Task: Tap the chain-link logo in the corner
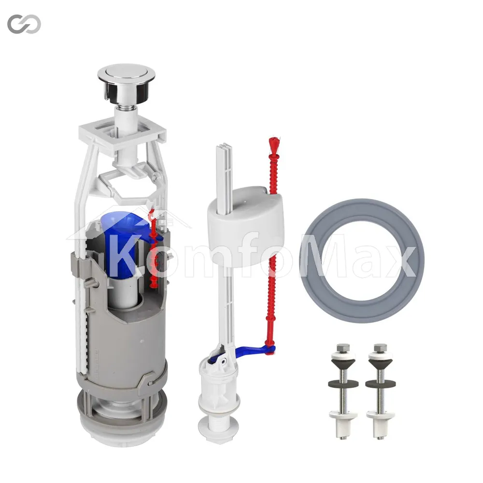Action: click(24, 24)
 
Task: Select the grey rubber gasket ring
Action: click(362, 261)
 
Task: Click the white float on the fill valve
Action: click(245, 226)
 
